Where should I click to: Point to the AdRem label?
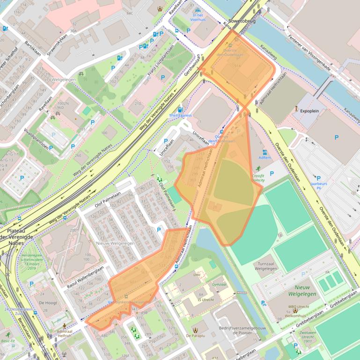coord(264,158)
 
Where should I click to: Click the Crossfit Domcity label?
coord(258,176)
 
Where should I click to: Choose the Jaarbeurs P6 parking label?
coord(318,185)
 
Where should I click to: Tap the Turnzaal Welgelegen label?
coord(266,266)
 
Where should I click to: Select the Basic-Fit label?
coord(8,341)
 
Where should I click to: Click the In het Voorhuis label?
coord(198,17)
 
